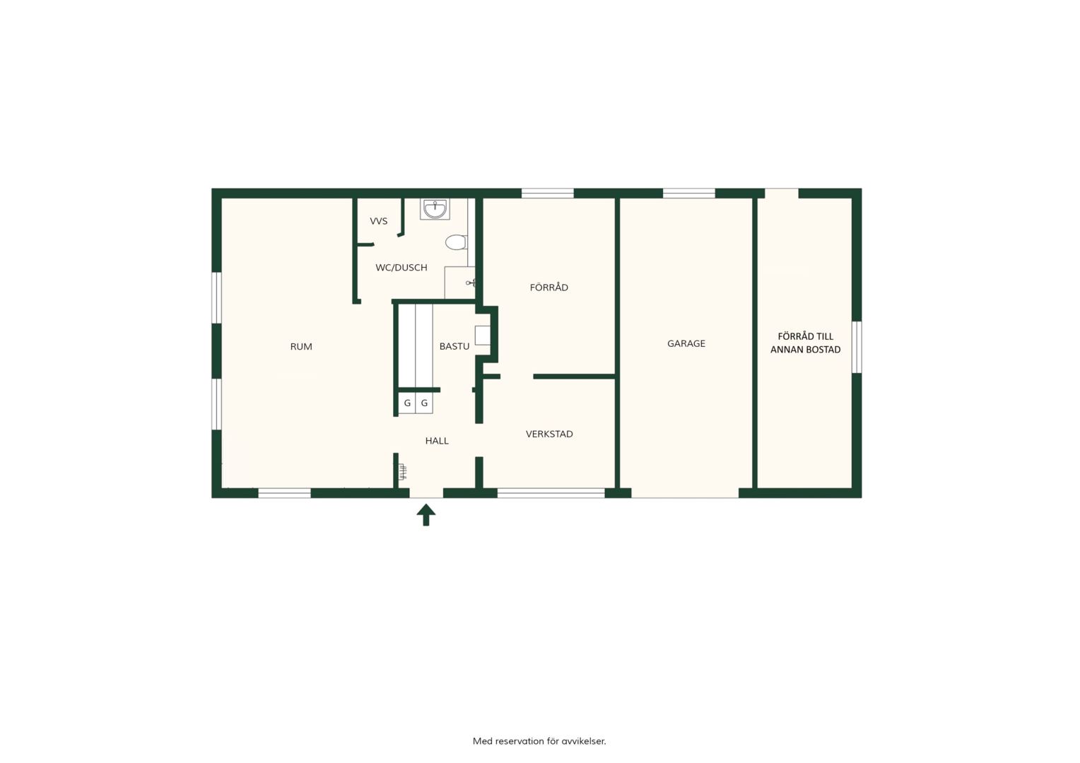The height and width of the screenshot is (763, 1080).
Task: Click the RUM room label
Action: click(x=301, y=347)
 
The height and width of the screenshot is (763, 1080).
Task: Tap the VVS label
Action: click(x=378, y=221)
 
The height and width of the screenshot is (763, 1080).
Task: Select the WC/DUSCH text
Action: click(x=401, y=268)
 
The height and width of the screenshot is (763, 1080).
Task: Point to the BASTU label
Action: click(x=454, y=346)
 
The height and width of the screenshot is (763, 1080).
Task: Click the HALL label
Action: click(x=437, y=441)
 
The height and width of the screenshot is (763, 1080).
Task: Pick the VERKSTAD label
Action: click(x=549, y=434)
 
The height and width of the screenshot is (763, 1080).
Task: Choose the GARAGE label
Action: click(x=686, y=343)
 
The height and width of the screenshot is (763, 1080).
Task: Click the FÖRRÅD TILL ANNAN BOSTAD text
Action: click(x=805, y=343)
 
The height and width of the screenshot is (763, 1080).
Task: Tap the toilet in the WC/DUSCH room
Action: click(x=456, y=242)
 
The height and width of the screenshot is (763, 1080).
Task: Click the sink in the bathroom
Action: click(x=435, y=208)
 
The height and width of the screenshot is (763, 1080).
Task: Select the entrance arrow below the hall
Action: click(x=426, y=515)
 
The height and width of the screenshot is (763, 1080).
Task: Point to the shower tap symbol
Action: click(x=471, y=283)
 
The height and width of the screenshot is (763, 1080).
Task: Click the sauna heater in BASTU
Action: click(x=483, y=335)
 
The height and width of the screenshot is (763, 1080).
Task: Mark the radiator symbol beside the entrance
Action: click(x=402, y=471)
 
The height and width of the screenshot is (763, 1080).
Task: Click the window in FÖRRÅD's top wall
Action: click(x=548, y=194)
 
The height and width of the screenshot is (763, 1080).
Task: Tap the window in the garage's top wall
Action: click(x=689, y=194)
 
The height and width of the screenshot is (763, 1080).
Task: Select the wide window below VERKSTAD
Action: click(x=551, y=492)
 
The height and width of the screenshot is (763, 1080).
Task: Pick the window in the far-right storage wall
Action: click(x=857, y=347)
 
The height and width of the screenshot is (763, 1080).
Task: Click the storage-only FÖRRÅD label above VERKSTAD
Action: click(x=548, y=288)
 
